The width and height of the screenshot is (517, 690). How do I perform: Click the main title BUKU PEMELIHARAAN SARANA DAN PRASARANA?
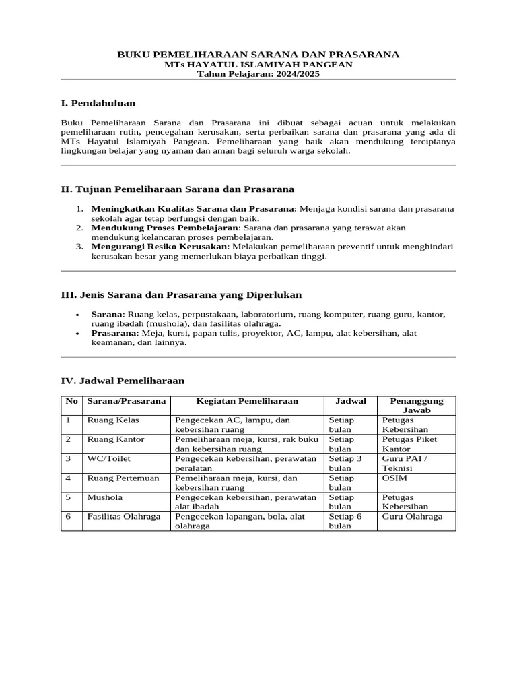(x=258, y=54)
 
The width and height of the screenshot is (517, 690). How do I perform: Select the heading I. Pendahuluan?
(x=98, y=103)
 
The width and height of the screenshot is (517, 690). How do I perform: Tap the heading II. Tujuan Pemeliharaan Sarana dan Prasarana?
(x=178, y=190)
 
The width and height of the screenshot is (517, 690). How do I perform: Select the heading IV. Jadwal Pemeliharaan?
(x=123, y=381)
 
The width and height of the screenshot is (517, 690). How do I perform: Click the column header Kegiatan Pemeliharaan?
(x=247, y=401)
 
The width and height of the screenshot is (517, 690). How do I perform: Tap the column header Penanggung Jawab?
(x=415, y=405)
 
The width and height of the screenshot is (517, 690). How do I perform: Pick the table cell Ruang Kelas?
(x=113, y=420)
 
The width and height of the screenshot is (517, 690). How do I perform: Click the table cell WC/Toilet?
(x=109, y=458)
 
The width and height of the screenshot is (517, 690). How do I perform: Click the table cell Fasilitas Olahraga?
(x=124, y=516)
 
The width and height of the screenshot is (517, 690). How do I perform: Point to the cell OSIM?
(x=394, y=478)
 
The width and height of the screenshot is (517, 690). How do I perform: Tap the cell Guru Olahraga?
(x=413, y=516)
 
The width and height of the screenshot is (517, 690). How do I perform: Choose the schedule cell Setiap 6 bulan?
(x=345, y=521)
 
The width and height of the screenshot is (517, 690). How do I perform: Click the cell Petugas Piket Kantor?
(x=409, y=443)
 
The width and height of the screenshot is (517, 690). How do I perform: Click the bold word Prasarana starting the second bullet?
(x=114, y=333)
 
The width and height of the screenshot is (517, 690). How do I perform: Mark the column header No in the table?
(x=71, y=401)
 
